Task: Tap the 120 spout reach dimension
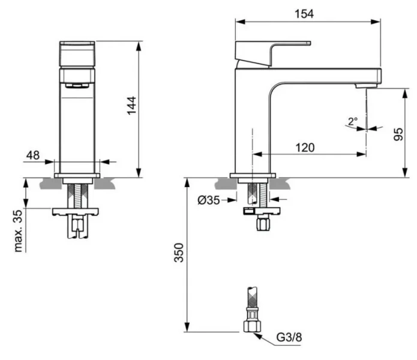click(x=305, y=147)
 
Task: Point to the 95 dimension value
click(x=398, y=133)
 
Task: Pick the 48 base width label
click(x=32, y=155)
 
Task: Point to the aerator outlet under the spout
click(x=365, y=86)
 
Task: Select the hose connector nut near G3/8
click(x=251, y=325)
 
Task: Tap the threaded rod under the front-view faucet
click(x=77, y=193)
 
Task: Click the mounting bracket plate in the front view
click(x=77, y=211)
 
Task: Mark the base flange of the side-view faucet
click(x=253, y=175)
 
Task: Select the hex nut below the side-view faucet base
click(x=263, y=225)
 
